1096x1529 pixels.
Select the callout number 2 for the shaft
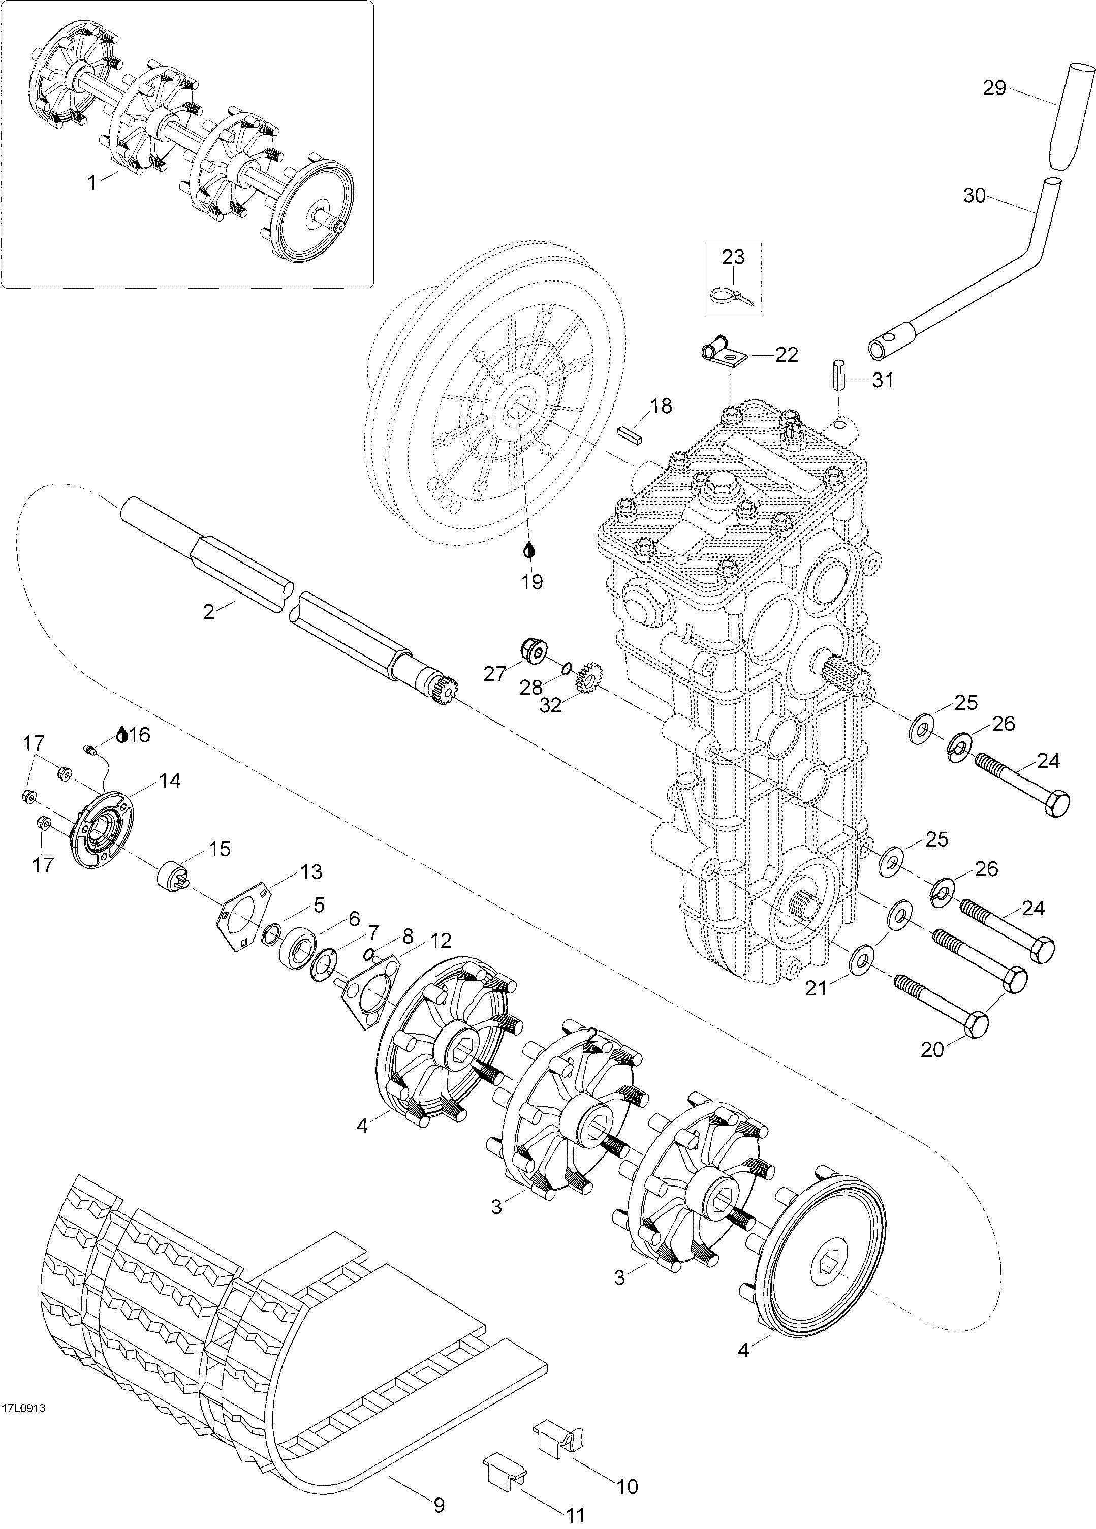(x=209, y=612)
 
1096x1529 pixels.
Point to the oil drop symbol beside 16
(x=122, y=734)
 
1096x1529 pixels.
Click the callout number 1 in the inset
(x=92, y=183)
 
